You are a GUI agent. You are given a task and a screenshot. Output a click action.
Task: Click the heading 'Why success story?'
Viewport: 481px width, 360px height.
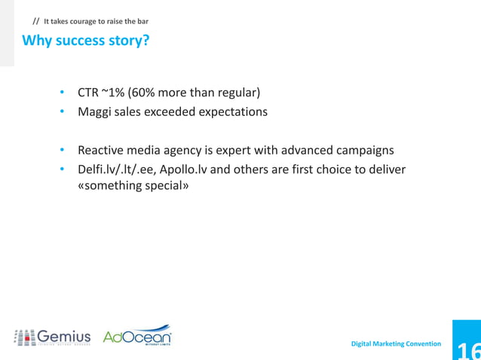85,40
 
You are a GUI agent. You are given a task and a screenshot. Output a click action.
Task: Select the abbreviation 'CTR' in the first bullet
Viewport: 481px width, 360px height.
88,93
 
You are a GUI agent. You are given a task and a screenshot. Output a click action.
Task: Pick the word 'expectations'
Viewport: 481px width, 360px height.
233,112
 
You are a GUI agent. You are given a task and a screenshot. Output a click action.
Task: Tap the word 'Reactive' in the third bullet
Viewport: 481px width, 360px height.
101,150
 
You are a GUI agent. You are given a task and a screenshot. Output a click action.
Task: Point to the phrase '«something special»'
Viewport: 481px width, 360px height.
133,185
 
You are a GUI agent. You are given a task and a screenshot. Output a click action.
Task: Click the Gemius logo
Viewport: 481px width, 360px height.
52,337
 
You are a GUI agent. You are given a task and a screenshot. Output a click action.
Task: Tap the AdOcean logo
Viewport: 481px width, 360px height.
136,337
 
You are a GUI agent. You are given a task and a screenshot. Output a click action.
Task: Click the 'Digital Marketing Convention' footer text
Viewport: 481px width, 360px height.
397,343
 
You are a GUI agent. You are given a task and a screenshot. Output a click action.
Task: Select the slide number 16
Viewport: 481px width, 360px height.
467,348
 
